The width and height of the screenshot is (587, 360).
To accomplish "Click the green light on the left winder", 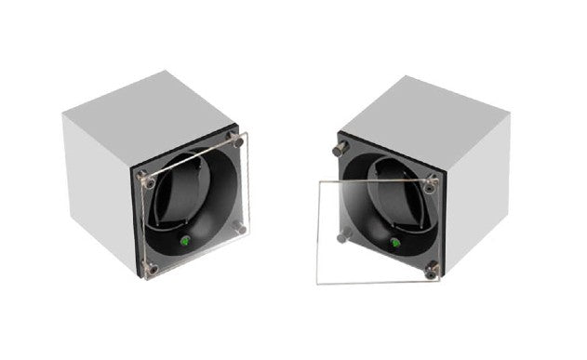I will [x=184, y=243].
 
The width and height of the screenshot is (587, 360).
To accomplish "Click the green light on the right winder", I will [x=394, y=245].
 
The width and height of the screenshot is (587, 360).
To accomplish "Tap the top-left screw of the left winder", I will [x=142, y=173].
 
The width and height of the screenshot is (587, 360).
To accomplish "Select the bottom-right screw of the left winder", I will [x=241, y=226].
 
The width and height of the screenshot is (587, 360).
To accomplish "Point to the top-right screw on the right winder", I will [x=431, y=183].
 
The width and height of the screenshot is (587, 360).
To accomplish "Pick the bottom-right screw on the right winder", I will [x=432, y=269].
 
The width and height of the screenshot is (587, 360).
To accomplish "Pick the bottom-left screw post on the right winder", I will [x=343, y=236].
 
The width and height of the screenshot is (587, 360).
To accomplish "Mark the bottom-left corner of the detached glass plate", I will [x=318, y=283].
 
